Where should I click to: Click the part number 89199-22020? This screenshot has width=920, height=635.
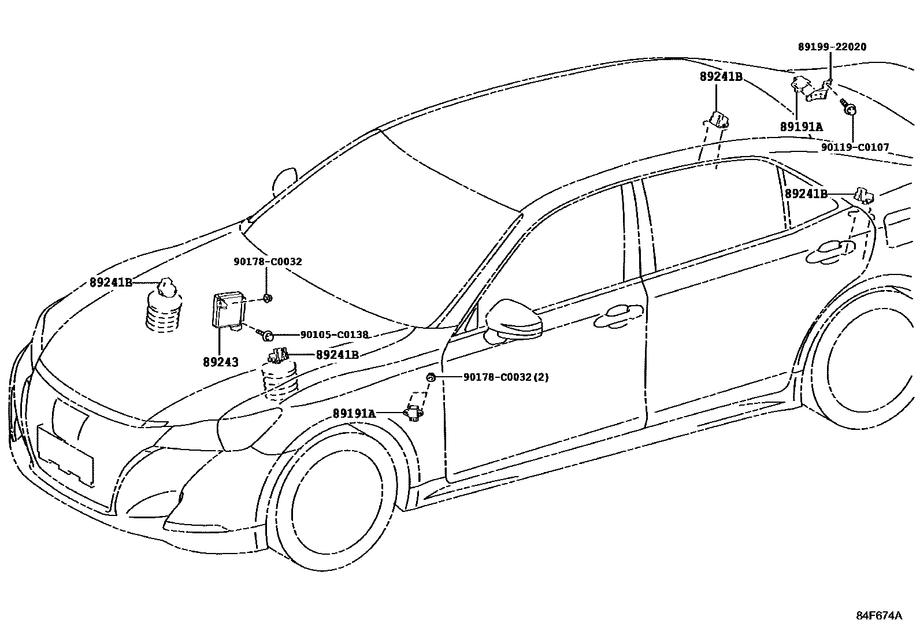[832, 47]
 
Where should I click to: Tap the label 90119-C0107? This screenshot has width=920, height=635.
[855, 147]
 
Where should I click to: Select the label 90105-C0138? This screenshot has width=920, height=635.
[334, 335]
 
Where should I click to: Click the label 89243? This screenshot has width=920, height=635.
[221, 362]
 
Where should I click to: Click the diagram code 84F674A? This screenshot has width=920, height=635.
[878, 615]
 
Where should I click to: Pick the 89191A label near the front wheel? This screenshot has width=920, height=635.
[354, 414]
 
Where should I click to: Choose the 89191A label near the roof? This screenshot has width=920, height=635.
[801, 127]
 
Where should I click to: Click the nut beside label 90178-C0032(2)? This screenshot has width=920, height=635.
[431, 377]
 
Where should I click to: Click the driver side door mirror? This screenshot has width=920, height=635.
[514, 321]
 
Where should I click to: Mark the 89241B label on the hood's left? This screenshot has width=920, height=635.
[111, 283]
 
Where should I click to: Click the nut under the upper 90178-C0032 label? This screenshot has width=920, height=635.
[267, 298]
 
